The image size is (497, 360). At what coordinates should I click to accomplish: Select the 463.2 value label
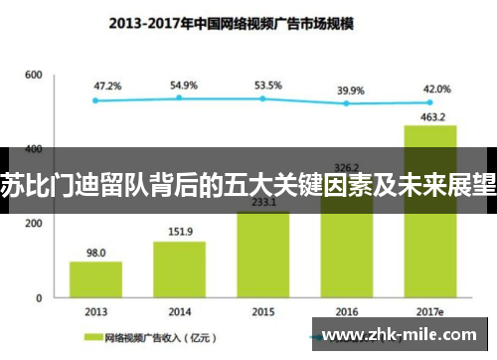pyautogui.click(x=429, y=117)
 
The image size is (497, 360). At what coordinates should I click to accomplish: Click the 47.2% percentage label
pyautogui.click(x=107, y=87)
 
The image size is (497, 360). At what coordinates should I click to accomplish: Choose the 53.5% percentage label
pyautogui.click(x=267, y=87)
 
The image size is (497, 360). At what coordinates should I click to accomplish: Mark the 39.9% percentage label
pyautogui.click(x=351, y=90)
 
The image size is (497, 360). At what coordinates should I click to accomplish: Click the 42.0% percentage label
pyautogui.click(x=435, y=89)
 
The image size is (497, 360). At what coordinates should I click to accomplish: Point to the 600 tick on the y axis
pyautogui.click(x=33, y=76)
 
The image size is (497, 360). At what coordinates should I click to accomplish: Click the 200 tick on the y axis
pyautogui.click(x=33, y=224)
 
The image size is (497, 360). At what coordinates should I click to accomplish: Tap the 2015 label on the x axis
pyautogui.click(x=262, y=310)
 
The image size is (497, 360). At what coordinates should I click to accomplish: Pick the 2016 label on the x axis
pyautogui.click(x=346, y=310)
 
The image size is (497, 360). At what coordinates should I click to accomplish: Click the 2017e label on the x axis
pyautogui.click(x=429, y=310)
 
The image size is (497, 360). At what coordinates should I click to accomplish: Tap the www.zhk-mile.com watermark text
pyautogui.click(x=403, y=332)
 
